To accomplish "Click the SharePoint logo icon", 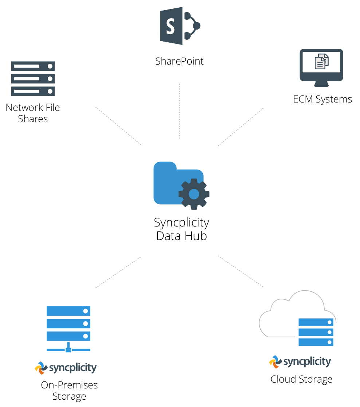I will (x=180, y=26).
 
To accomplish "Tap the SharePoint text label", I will (x=179, y=61).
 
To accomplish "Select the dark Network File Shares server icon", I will (x=33, y=78).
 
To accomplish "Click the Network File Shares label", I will (x=33, y=113).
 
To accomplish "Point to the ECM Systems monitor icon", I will (x=321, y=68).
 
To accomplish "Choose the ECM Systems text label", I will (x=322, y=99).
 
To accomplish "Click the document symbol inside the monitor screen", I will (x=321, y=62).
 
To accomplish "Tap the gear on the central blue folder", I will (x=194, y=194).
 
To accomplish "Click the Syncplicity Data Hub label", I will (x=181, y=229).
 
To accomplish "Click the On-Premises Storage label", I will (x=69, y=391).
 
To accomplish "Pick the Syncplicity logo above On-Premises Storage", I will (x=66, y=368).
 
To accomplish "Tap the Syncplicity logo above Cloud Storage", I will (x=300, y=362).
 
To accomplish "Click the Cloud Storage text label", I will (x=301, y=379).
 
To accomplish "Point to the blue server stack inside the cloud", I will (x=316, y=332).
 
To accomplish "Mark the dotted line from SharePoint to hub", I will (x=180, y=111).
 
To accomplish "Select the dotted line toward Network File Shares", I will (x=118, y=126).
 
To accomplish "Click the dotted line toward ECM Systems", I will (x=240, y=127).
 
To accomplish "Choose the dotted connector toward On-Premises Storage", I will (x=118, y=272).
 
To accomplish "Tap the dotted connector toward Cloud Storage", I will (x=240, y=271).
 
